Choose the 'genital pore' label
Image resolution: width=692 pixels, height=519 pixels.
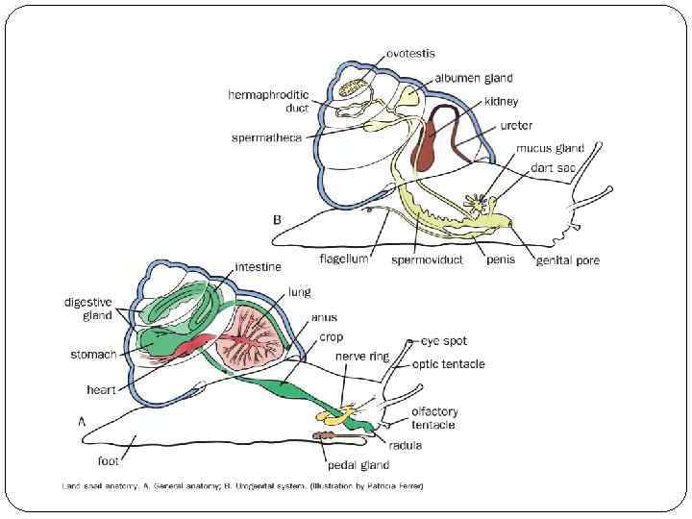pos(567,260)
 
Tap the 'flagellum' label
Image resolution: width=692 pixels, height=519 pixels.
pos(343,259)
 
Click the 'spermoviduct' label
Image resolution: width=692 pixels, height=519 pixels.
pos(429,259)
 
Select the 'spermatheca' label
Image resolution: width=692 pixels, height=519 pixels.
pos(266,137)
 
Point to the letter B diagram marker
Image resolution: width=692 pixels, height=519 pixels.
pos(278,219)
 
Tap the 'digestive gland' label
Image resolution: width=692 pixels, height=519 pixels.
pos(88,308)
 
